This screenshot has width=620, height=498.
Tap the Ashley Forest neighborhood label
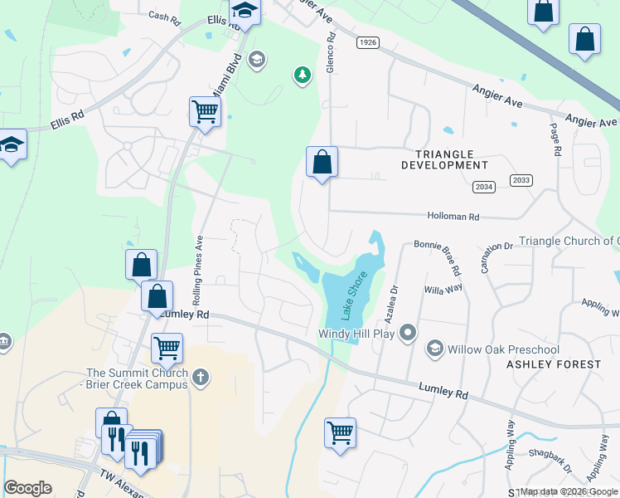tap(554, 364)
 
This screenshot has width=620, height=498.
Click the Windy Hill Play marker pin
tap(407, 334)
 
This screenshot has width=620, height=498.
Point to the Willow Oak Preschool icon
tap(434, 349)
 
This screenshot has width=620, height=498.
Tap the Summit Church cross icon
tap(199, 378)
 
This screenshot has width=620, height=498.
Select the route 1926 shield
tap(368, 41)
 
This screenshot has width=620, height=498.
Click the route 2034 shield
tap(484, 188)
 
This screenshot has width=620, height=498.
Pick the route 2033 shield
tap(521, 180)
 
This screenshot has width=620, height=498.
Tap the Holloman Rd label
tap(453, 217)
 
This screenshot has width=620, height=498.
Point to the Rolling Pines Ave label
tap(199, 258)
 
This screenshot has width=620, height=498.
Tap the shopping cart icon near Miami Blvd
tap(205, 110)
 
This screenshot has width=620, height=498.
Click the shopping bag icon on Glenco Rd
tap(322, 161)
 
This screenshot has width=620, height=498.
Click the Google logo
tap(27, 488)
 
